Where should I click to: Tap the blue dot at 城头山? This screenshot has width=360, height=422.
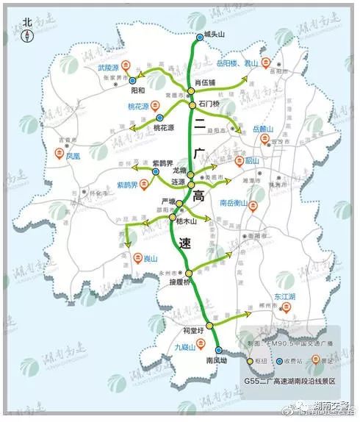pyautogui.click(x=199, y=36)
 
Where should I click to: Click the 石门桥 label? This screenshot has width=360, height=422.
pyautogui.click(x=209, y=104)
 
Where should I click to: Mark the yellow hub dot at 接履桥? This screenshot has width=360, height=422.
pyautogui.click(x=189, y=273)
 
